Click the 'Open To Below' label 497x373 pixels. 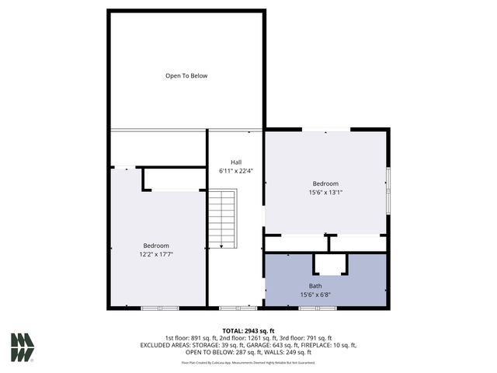(x=186, y=75)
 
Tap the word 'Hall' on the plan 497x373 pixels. (x=236, y=162)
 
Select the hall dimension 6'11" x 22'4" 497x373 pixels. (x=236, y=170)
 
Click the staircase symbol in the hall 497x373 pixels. (x=221, y=219)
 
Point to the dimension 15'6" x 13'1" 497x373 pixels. (x=326, y=193)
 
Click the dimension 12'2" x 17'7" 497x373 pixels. (x=156, y=253)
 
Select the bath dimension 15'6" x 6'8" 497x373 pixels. (x=326, y=295)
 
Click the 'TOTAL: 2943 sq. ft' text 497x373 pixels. (x=248, y=331)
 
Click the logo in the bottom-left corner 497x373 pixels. (x=23, y=347)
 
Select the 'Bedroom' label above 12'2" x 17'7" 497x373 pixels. (x=156, y=245)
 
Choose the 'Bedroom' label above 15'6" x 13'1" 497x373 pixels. (x=326, y=183)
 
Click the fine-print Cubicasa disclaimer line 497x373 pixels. (x=248, y=362)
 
